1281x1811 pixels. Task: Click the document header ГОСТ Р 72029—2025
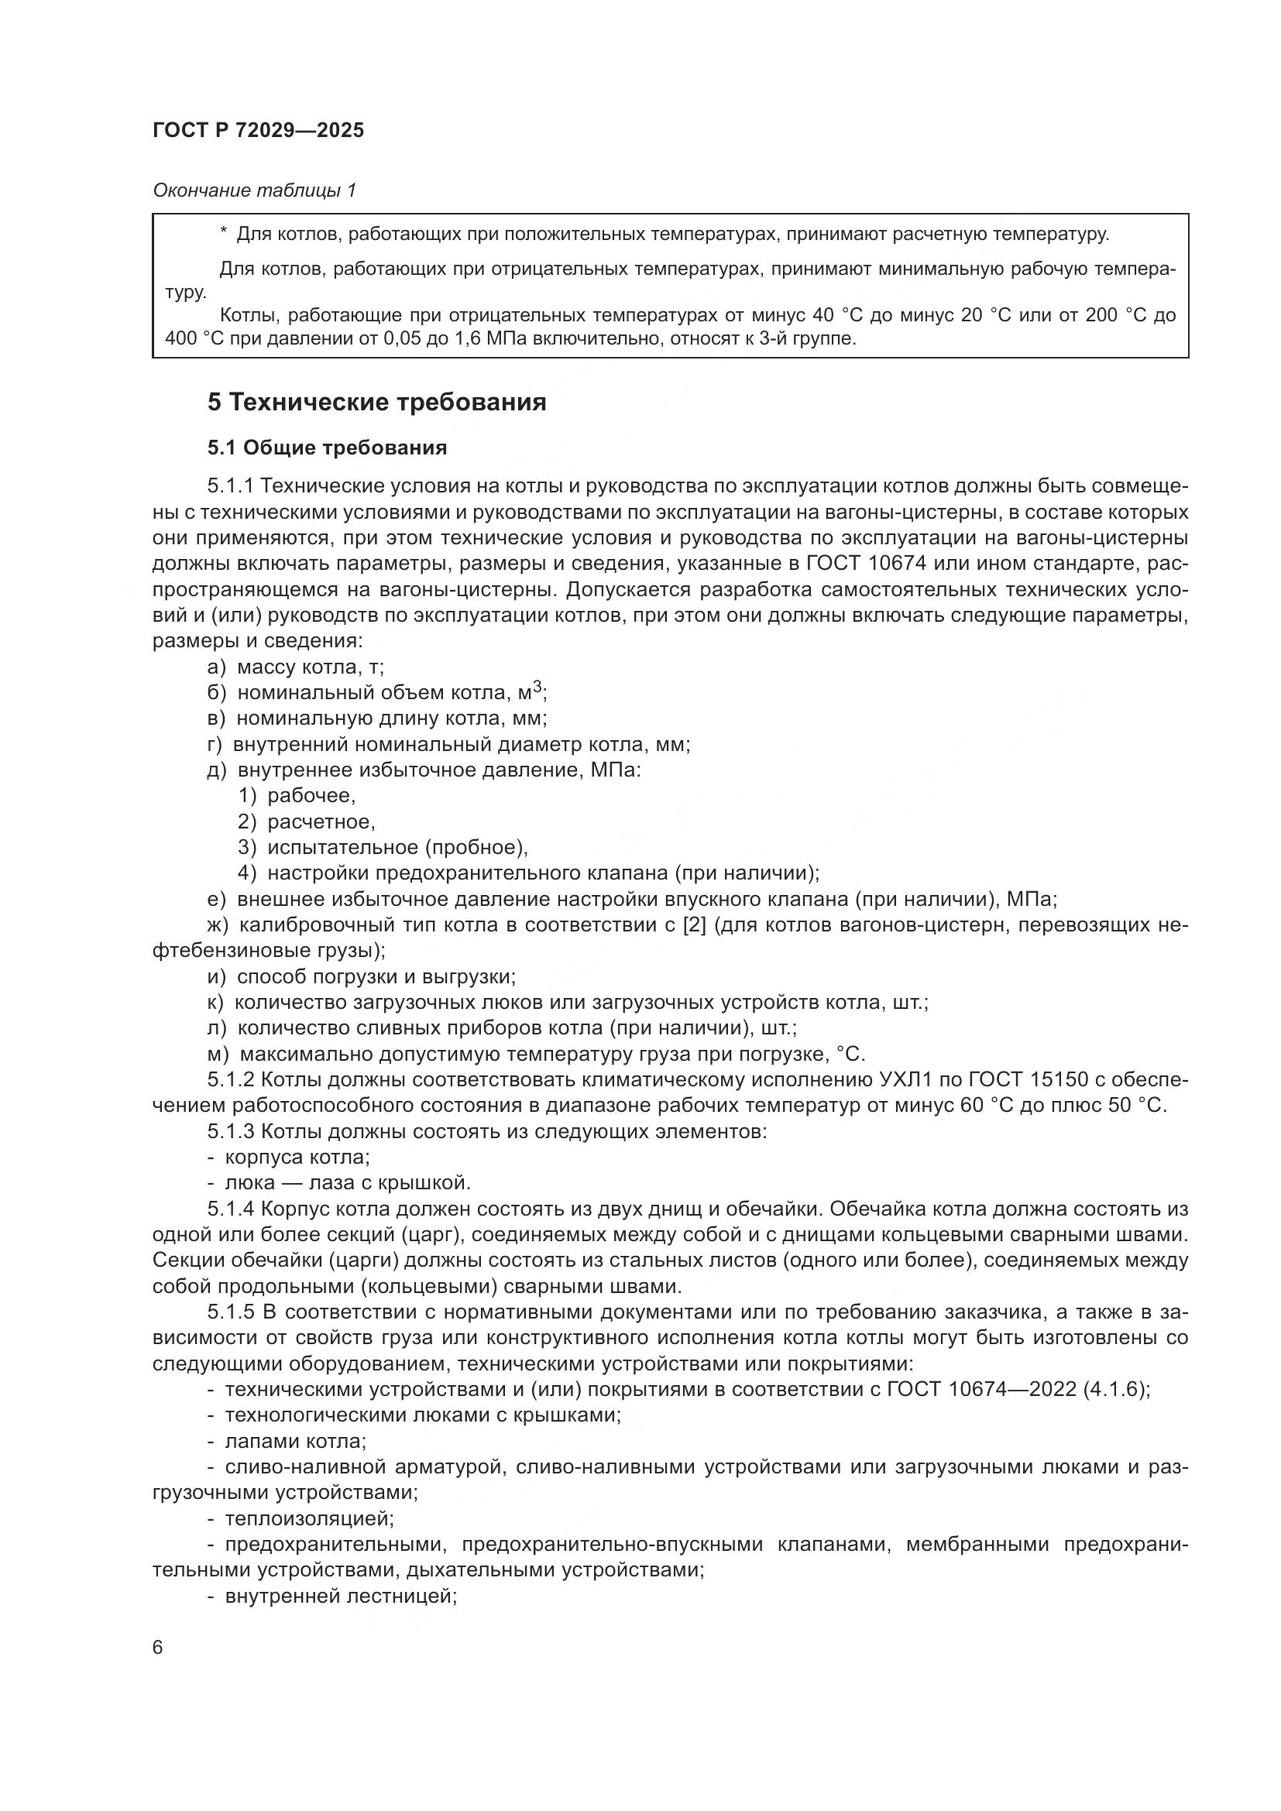click(x=258, y=131)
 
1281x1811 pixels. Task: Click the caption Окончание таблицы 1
click(x=254, y=190)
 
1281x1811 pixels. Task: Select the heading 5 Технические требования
click(x=377, y=403)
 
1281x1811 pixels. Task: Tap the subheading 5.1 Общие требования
click(x=327, y=448)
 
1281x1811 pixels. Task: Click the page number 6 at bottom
click(x=158, y=1648)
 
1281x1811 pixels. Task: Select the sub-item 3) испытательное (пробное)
click(x=383, y=848)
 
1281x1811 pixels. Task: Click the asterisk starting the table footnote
click(x=224, y=235)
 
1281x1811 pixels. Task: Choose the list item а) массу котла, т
click(x=296, y=667)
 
